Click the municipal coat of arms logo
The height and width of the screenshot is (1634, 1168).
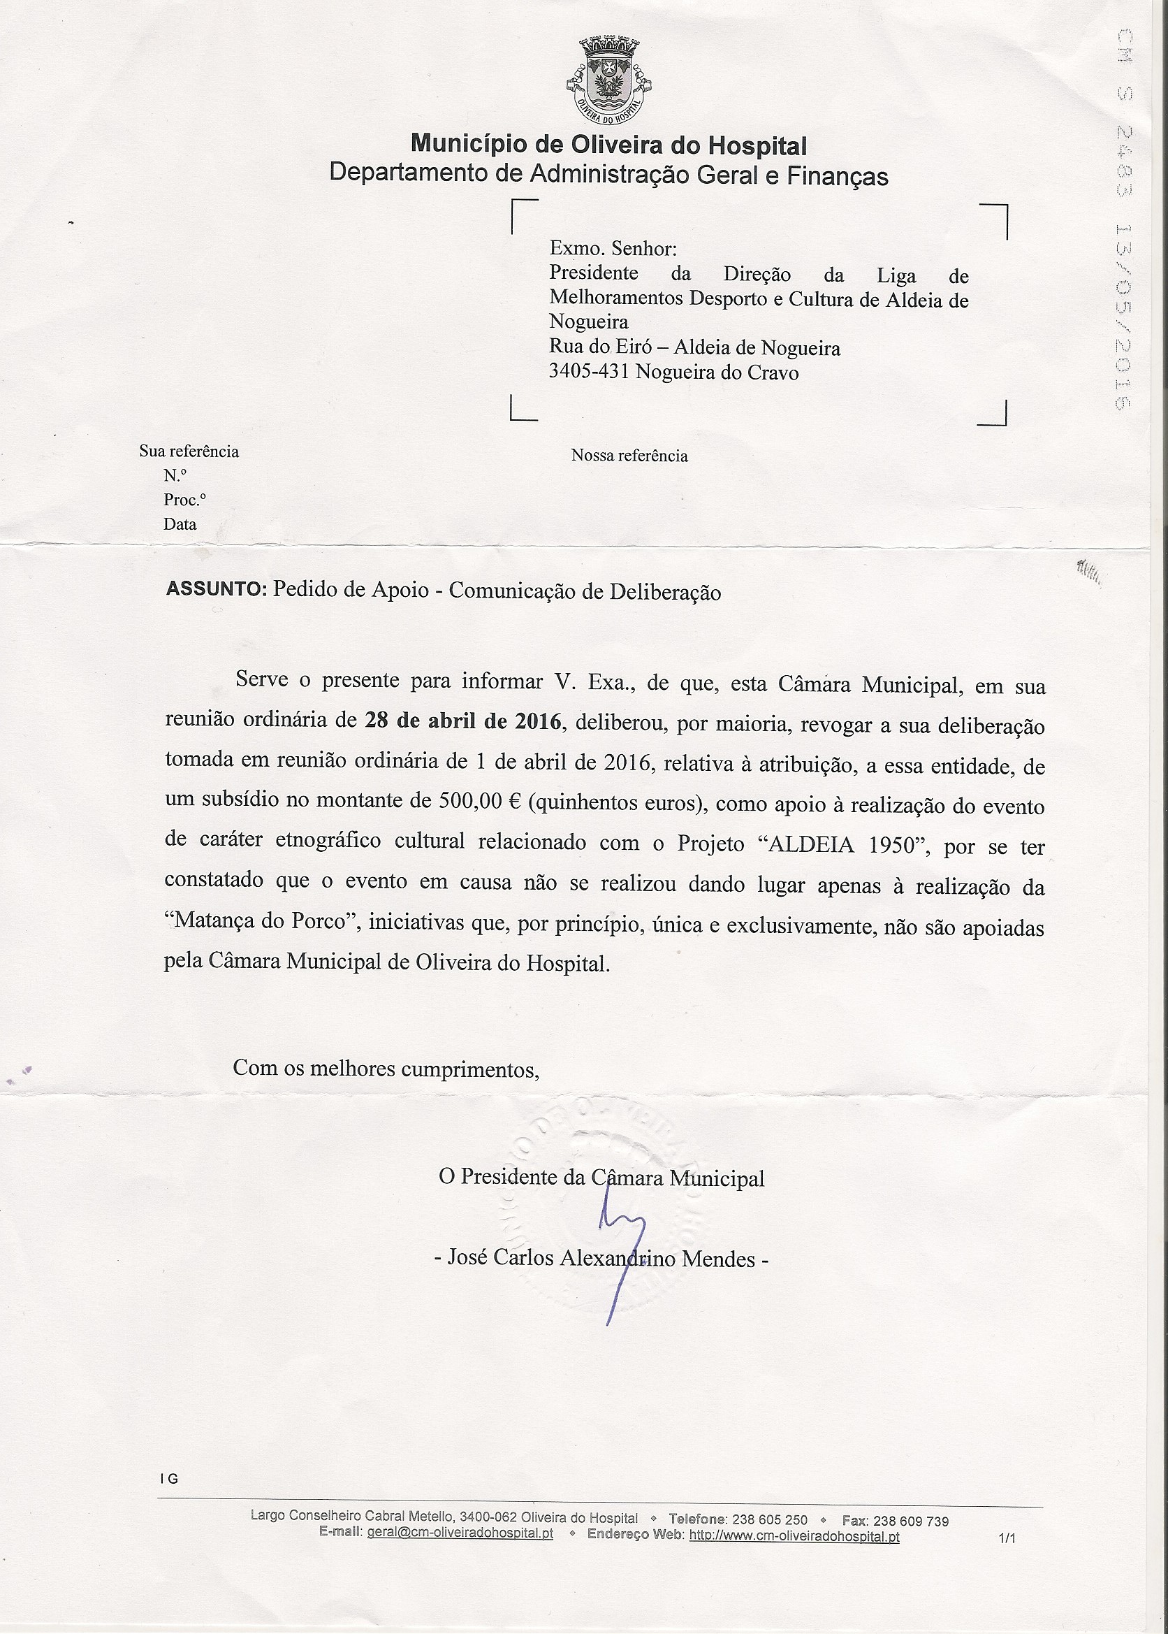(608, 80)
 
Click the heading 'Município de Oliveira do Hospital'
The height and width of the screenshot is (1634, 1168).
(608, 145)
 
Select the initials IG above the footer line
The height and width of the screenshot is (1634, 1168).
(170, 1480)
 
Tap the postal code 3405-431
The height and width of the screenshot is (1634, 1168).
(589, 371)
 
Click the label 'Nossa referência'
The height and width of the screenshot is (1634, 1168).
(629, 456)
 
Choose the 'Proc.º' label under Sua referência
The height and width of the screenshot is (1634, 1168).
(184, 499)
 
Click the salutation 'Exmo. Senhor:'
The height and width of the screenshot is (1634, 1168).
(613, 249)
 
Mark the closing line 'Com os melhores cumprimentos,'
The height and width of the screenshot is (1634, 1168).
(386, 1068)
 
